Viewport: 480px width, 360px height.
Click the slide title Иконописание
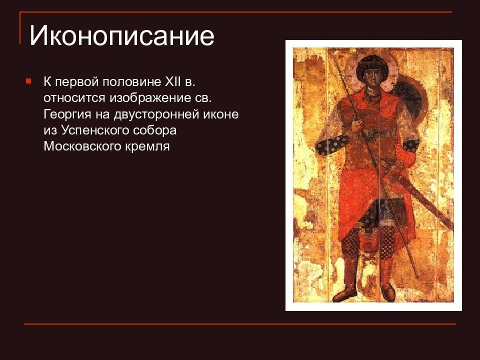[121, 36]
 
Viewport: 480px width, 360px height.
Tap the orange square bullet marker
[28, 81]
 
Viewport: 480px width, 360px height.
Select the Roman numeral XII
[173, 81]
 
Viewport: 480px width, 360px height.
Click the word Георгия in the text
[67, 114]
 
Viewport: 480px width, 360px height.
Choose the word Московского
[82, 146]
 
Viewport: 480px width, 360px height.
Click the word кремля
[147, 146]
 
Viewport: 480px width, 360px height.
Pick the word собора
[155, 130]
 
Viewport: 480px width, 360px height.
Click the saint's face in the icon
[371, 77]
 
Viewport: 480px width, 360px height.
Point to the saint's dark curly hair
[371, 63]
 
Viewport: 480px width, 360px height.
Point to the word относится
[74, 98]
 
